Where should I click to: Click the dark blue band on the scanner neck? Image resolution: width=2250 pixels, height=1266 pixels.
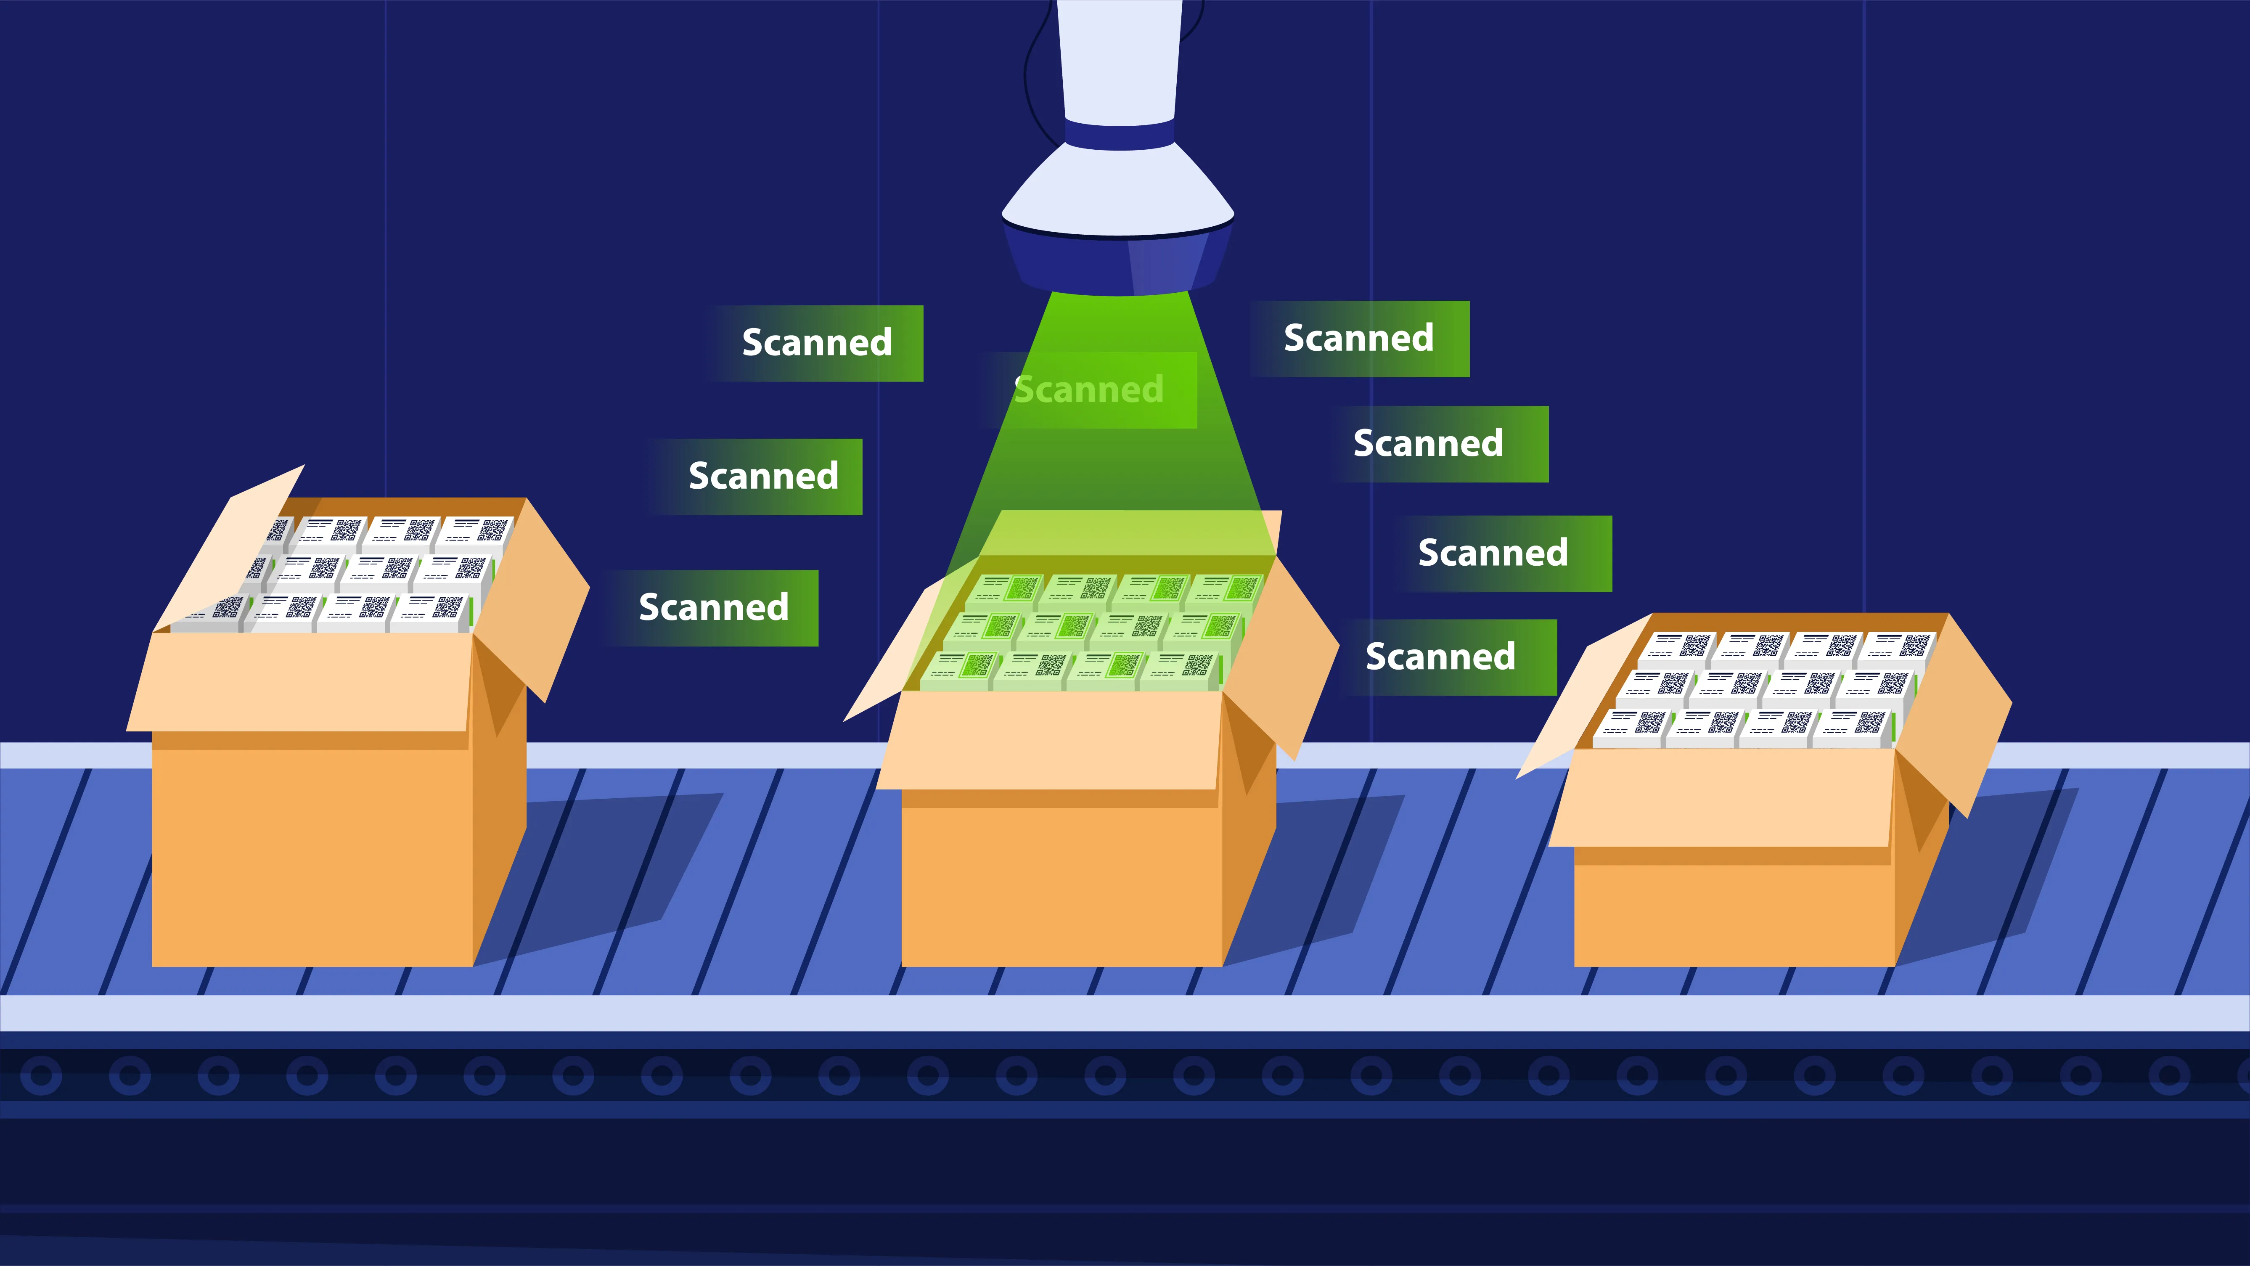click(1119, 135)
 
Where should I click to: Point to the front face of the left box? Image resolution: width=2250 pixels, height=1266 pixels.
click(313, 856)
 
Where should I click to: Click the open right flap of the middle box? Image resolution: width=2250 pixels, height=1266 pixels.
click(1284, 655)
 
